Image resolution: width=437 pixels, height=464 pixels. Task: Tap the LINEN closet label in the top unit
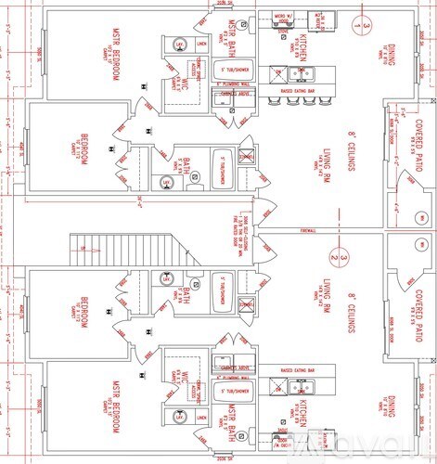point(201,42)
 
